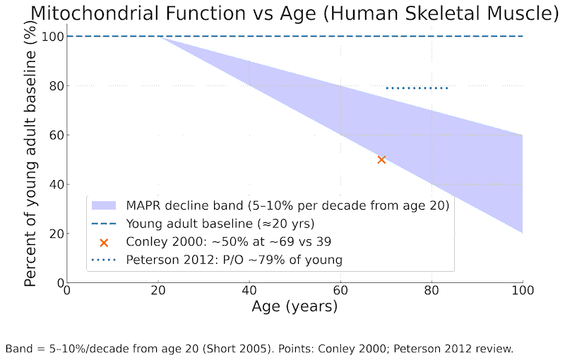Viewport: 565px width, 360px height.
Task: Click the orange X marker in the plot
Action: tap(381, 160)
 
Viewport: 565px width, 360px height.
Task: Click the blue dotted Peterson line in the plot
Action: tap(417, 88)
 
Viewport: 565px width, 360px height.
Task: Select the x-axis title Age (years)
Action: tap(295, 307)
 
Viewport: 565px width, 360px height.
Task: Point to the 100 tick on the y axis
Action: tap(52, 37)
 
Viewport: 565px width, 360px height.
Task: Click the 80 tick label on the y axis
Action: tap(55, 86)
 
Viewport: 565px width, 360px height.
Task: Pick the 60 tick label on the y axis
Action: tap(55, 136)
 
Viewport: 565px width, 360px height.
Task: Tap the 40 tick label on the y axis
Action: tap(55, 185)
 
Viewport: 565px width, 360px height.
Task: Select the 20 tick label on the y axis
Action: tap(55, 234)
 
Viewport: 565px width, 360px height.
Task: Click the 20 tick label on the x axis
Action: tap(158, 291)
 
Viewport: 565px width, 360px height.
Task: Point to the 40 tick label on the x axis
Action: tap(249, 291)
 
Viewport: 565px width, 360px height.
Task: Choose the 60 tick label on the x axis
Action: tap(340, 291)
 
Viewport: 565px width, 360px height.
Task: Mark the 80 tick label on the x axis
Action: tap(432, 291)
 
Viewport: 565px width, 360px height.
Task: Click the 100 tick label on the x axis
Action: tap(523, 291)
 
